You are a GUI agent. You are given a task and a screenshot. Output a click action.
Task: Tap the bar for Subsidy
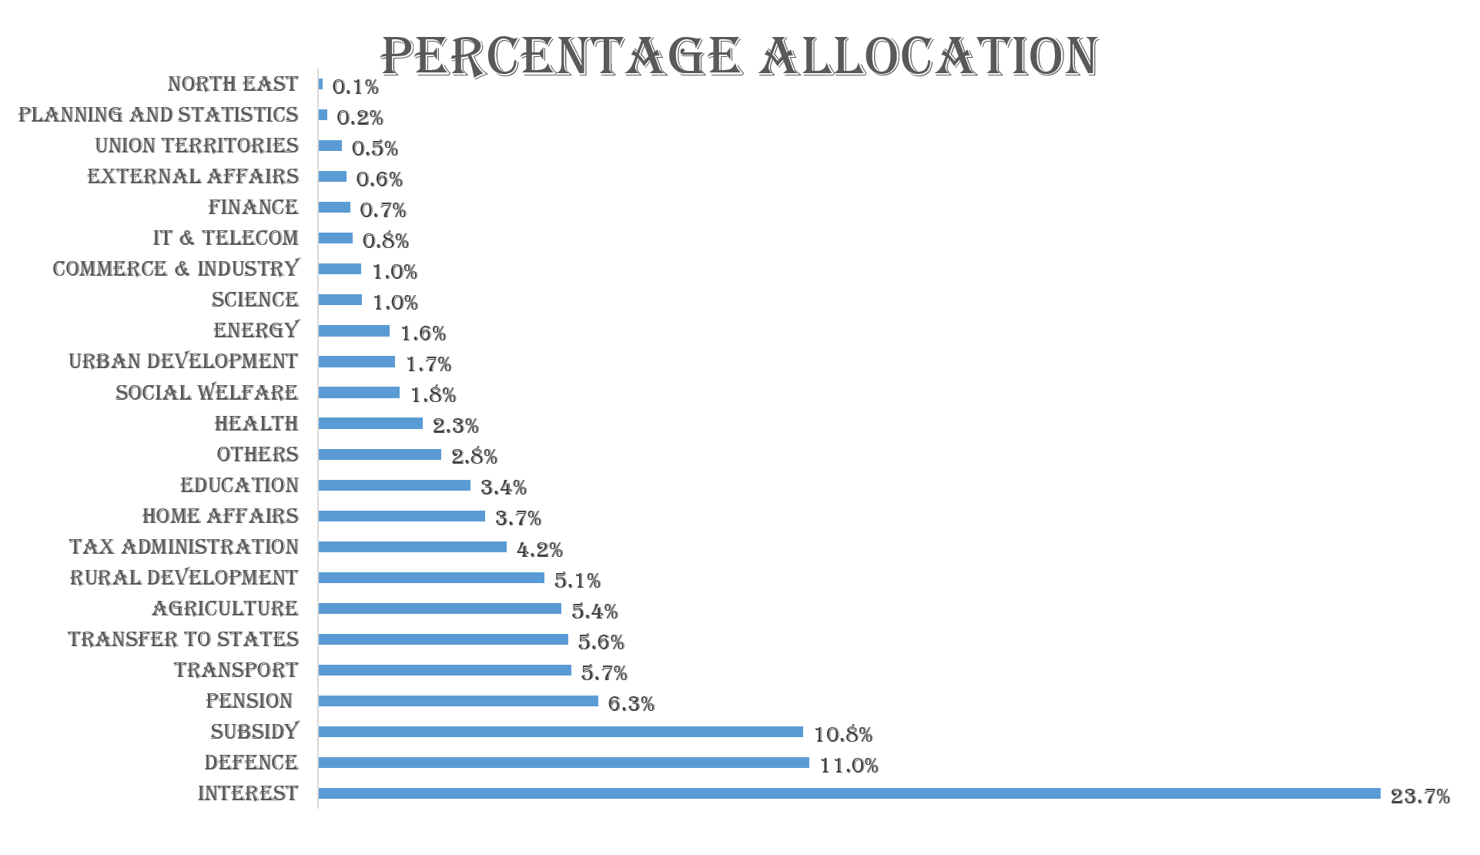561,732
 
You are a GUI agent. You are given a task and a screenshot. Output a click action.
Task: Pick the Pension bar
458,701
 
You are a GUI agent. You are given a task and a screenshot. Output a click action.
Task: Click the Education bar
394,485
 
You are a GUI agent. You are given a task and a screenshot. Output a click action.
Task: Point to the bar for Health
370,423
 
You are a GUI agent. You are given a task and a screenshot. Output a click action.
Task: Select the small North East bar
320,84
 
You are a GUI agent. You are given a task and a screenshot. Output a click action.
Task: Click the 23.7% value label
1420,796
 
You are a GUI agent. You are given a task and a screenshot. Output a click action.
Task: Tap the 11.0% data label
849,765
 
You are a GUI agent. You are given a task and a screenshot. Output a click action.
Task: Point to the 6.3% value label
631,703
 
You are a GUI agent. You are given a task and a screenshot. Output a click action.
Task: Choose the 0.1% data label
355,86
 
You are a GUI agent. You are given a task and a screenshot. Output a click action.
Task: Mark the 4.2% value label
539,549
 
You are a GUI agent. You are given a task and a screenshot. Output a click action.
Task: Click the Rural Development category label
184,578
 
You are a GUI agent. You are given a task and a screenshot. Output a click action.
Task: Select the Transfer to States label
183,639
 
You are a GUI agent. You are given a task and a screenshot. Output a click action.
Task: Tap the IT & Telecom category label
226,238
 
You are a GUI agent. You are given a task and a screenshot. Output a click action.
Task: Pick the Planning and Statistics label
159,115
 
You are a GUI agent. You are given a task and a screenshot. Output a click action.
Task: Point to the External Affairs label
193,176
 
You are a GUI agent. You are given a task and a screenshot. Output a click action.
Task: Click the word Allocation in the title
929,56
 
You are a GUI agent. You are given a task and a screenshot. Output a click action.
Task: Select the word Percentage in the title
561,56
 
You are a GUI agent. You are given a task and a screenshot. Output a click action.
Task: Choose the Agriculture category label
225,609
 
